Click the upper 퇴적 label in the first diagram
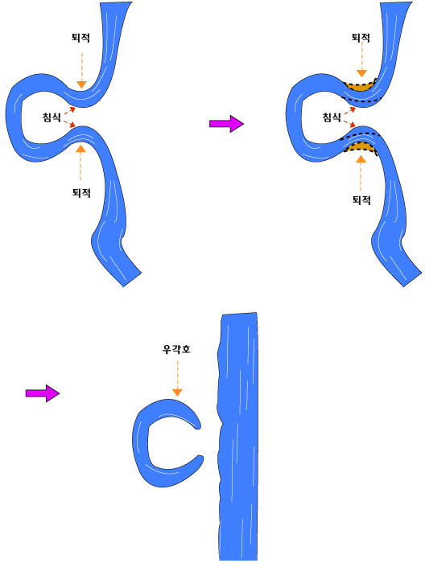(x=80, y=38)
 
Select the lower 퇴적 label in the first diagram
(x=81, y=193)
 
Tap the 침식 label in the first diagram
(x=52, y=117)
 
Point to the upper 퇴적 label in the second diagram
(x=361, y=38)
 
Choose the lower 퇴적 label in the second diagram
(x=361, y=199)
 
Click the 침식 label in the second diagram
(x=332, y=117)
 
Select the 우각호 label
(x=176, y=349)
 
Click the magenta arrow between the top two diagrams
(x=226, y=124)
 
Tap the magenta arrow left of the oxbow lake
(x=43, y=393)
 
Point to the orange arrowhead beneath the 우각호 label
(x=177, y=392)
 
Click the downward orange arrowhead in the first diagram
(x=82, y=84)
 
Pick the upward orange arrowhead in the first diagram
(x=80, y=148)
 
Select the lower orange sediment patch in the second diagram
(x=361, y=147)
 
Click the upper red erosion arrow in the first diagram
(x=70, y=110)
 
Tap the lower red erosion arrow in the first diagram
(x=70, y=124)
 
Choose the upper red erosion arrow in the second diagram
(x=350, y=110)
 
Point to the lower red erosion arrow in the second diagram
(x=350, y=124)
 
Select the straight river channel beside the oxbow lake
(x=237, y=436)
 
